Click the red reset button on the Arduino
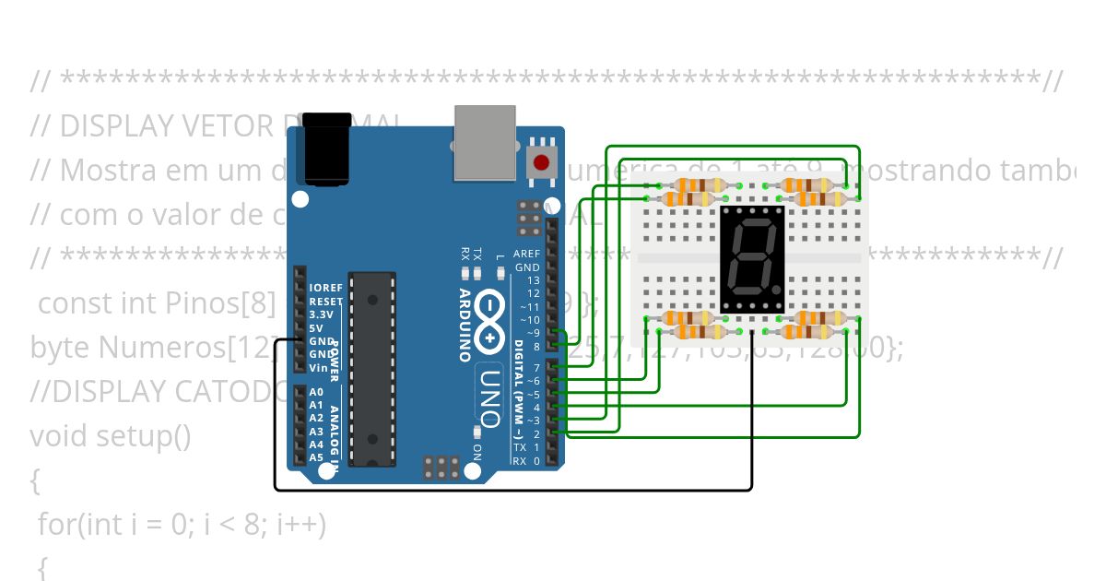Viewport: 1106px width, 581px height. point(540,164)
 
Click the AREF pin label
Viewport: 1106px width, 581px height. point(526,254)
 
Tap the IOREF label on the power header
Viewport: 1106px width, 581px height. point(325,288)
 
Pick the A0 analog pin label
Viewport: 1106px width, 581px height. point(316,392)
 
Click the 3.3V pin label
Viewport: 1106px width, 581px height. point(321,314)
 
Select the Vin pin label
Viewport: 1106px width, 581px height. point(318,367)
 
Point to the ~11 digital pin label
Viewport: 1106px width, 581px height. point(530,306)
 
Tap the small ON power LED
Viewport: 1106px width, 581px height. point(477,433)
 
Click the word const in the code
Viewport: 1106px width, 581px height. point(70,303)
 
